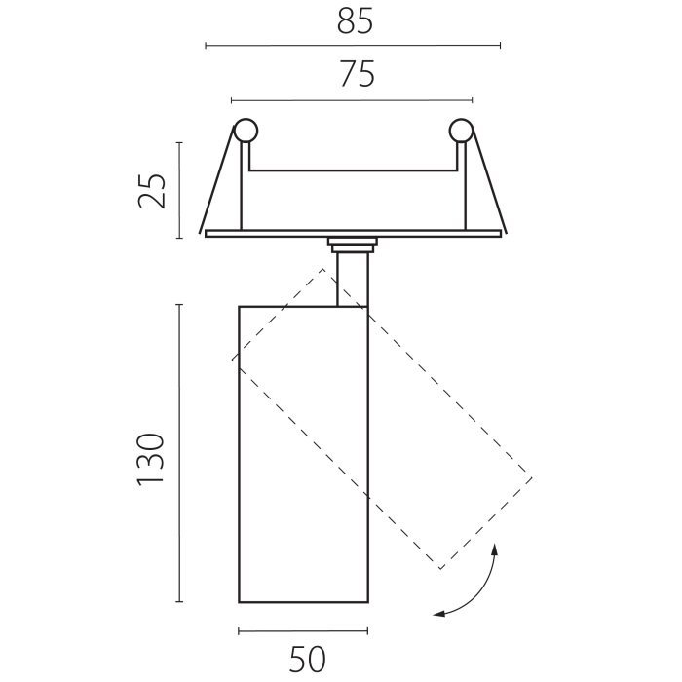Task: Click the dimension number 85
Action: (355, 20)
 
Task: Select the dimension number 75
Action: (358, 74)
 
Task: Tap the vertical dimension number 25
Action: (152, 191)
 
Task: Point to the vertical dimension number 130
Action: (151, 459)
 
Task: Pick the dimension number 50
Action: (307, 660)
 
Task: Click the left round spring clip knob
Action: (246, 131)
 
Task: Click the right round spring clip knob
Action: (461, 131)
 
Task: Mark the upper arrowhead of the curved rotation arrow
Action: (494, 549)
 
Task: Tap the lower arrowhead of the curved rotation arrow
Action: (439, 614)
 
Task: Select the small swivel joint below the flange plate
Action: (353, 246)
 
